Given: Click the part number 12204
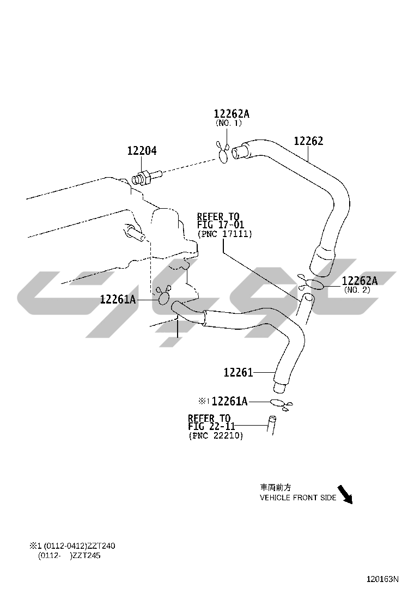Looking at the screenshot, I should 142,150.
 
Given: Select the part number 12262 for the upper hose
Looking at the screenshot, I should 308,141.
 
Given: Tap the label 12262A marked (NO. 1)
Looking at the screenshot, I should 231,114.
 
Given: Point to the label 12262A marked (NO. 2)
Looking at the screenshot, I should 360,281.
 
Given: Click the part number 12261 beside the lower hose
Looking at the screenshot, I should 238,373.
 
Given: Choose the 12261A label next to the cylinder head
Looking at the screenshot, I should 118,299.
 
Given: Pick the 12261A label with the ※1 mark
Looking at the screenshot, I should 229,402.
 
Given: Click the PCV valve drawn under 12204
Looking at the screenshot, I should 147,177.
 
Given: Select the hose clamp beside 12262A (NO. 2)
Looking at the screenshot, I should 313,283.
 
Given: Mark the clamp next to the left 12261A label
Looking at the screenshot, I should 163,296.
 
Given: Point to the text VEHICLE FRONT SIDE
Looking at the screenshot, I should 297,498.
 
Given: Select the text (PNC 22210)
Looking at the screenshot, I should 216,436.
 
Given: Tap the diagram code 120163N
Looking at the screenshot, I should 382,579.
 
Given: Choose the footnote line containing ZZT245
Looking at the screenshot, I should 69,556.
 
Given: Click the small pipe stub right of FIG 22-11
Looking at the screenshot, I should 271,425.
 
